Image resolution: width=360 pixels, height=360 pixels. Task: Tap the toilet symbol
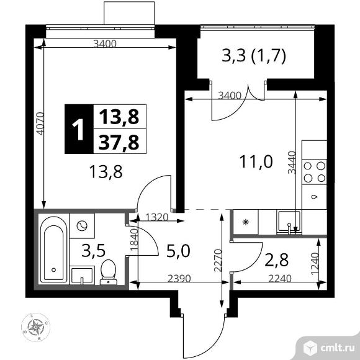point(108,271)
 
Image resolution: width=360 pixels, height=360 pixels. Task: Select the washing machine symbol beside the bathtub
point(82,225)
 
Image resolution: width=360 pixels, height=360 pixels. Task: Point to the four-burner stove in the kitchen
point(313,172)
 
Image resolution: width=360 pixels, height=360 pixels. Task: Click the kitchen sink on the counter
point(288,220)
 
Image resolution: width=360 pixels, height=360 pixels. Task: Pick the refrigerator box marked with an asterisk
point(245,222)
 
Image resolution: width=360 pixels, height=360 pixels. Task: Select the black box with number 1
point(78,129)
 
